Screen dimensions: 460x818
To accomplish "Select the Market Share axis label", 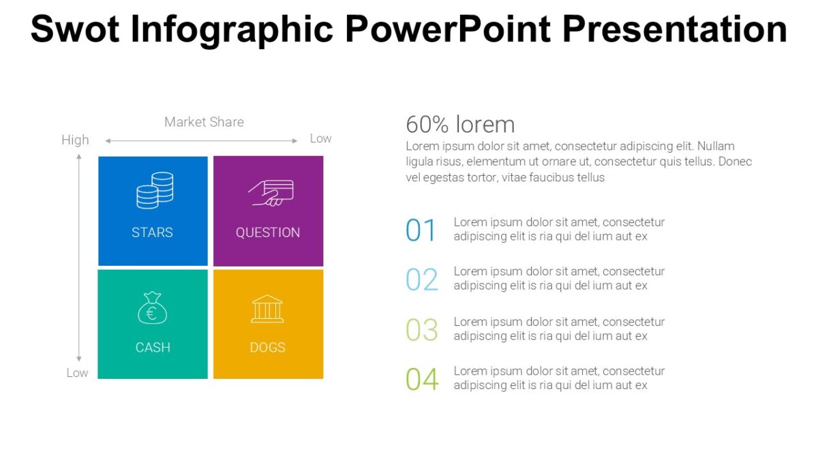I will pyautogui.click(x=204, y=122).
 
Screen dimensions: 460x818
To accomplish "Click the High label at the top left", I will pyautogui.click(x=75, y=140).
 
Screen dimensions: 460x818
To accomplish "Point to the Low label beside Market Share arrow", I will pyautogui.click(x=320, y=138).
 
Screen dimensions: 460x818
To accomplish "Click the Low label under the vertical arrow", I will pyautogui.click(x=77, y=373).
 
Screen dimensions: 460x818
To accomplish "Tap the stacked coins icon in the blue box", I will pyautogui.click(x=154, y=190).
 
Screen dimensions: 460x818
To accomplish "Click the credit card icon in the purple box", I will pyautogui.click(x=271, y=192).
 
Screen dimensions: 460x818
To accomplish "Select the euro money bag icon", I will pyautogui.click(x=152, y=308).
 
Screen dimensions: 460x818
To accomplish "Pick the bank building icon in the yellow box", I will pyautogui.click(x=267, y=309).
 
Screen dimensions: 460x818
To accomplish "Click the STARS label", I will pyautogui.click(x=152, y=232).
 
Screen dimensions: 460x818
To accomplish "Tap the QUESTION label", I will pyautogui.click(x=268, y=232).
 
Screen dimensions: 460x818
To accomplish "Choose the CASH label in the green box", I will pyautogui.click(x=153, y=348).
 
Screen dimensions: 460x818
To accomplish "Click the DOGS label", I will pyautogui.click(x=267, y=348).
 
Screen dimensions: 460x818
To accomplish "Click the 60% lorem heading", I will pyautogui.click(x=460, y=125).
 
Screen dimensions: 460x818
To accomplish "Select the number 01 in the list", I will pyautogui.click(x=421, y=230).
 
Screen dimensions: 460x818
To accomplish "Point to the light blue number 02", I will pyautogui.click(x=422, y=280).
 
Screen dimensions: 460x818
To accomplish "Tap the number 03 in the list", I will pyautogui.click(x=422, y=330).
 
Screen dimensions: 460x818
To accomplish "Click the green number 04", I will pyautogui.click(x=422, y=380).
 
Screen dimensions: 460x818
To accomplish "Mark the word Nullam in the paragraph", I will pyautogui.click(x=715, y=147).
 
